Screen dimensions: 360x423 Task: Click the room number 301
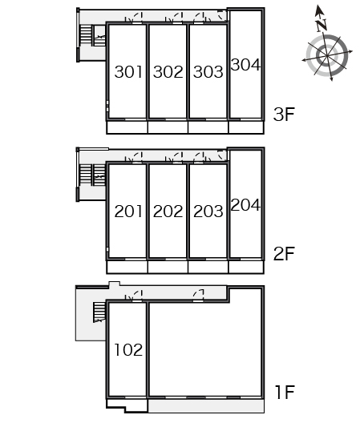tap(128, 72)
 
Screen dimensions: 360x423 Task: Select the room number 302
tap(168, 72)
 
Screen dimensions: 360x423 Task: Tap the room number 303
tap(208, 72)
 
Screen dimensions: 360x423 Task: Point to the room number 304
tap(245, 65)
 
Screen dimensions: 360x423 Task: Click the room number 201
tap(128, 211)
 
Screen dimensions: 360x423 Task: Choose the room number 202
tap(168, 211)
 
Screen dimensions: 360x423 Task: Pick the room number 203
tap(208, 211)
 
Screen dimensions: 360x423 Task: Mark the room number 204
tap(245, 204)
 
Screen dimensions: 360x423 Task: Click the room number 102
tap(128, 350)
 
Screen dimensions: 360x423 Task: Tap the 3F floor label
tap(284, 114)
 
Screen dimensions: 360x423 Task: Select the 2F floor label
tap(284, 254)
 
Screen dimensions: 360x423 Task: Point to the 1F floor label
tap(285, 393)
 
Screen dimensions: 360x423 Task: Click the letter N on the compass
tap(322, 25)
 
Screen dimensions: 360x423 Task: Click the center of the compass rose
tap(327, 56)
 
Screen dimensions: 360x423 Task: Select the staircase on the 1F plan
tap(99, 312)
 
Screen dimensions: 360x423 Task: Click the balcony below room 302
tap(168, 127)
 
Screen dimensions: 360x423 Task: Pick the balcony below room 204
tap(246, 267)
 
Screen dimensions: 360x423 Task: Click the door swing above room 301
tap(137, 18)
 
